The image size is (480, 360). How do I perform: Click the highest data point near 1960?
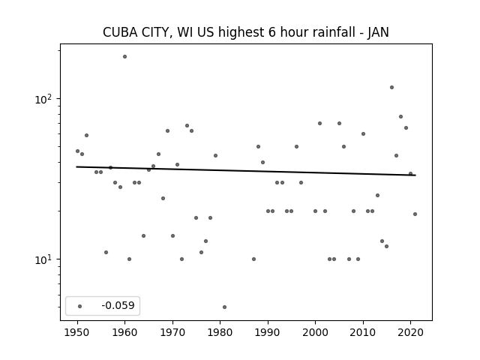(125, 57)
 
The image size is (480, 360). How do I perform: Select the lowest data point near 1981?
(225, 307)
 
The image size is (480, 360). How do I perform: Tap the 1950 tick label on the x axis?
(77, 333)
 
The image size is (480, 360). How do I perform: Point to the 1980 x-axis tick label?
(220, 333)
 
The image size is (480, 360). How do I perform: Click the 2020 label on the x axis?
(410, 333)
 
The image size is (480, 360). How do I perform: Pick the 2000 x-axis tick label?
(315, 333)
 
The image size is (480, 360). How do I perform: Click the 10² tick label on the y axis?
(44, 99)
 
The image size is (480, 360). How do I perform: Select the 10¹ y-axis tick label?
(44, 259)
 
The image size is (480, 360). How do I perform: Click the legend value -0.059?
(118, 305)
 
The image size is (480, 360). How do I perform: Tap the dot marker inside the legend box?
(80, 306)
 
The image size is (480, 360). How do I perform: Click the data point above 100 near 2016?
(391, 88)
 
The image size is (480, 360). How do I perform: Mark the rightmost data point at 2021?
(415, 214)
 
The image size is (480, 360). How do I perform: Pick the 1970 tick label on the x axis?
(172, 333)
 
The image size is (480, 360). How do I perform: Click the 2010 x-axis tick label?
(363, 333)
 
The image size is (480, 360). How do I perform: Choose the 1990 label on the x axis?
(268, 333)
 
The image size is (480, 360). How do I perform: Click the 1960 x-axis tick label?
(125, 333)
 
